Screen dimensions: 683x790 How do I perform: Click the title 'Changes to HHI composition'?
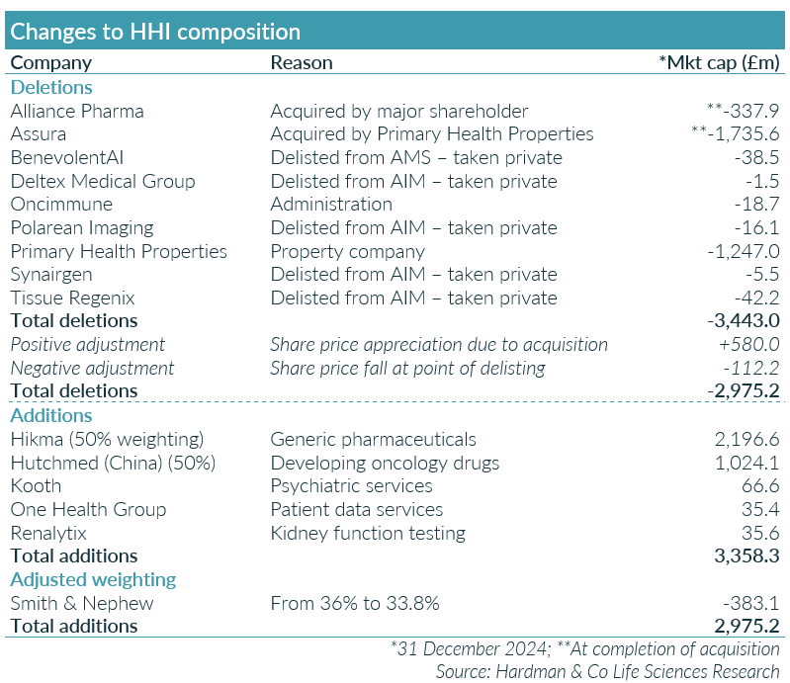point(155,31)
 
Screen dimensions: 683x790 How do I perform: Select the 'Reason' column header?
point(302,63)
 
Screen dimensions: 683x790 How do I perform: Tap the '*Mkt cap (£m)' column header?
point(719,63)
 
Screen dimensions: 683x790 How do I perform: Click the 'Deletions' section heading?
point(51,87)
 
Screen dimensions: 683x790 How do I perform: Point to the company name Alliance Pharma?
point(77,111)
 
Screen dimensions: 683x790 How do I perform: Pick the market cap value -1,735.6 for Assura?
point(737,134)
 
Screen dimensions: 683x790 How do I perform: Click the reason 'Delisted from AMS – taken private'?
point(416,157)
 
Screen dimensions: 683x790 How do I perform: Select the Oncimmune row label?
point(61,205)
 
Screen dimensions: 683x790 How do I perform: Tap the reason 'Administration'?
point(331,205)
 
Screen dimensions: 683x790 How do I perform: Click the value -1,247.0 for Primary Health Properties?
point(744,251)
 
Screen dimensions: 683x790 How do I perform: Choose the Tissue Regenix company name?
point(72,298)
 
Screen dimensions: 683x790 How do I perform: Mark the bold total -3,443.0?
point(743,321)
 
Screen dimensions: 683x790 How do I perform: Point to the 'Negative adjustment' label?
point(92,368)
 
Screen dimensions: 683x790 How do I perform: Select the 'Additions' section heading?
point(51,415)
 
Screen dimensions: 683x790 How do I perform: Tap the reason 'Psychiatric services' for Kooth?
point(351,485)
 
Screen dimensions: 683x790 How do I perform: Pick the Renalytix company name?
point(48,533)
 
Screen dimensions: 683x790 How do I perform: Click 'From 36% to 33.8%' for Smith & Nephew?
point(355,603)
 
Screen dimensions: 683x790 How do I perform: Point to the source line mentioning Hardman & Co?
point(607,671)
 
